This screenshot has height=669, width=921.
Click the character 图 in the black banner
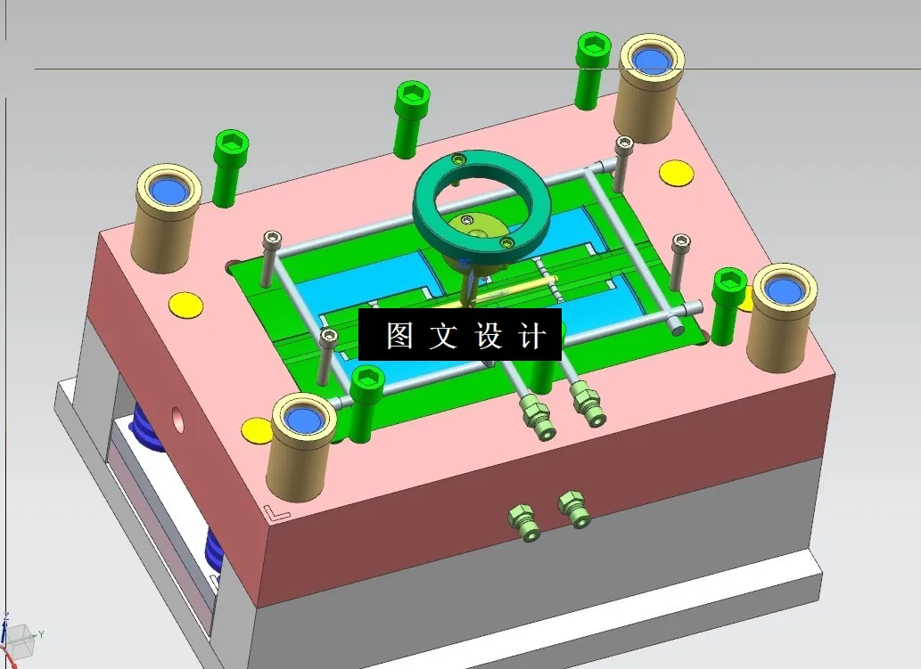point(399,335)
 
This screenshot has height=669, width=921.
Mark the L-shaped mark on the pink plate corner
point(276,513)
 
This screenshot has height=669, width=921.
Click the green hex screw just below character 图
point(366,401)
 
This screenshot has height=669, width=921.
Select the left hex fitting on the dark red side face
point(522,521)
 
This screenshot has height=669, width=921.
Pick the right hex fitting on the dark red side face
point(575,509)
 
